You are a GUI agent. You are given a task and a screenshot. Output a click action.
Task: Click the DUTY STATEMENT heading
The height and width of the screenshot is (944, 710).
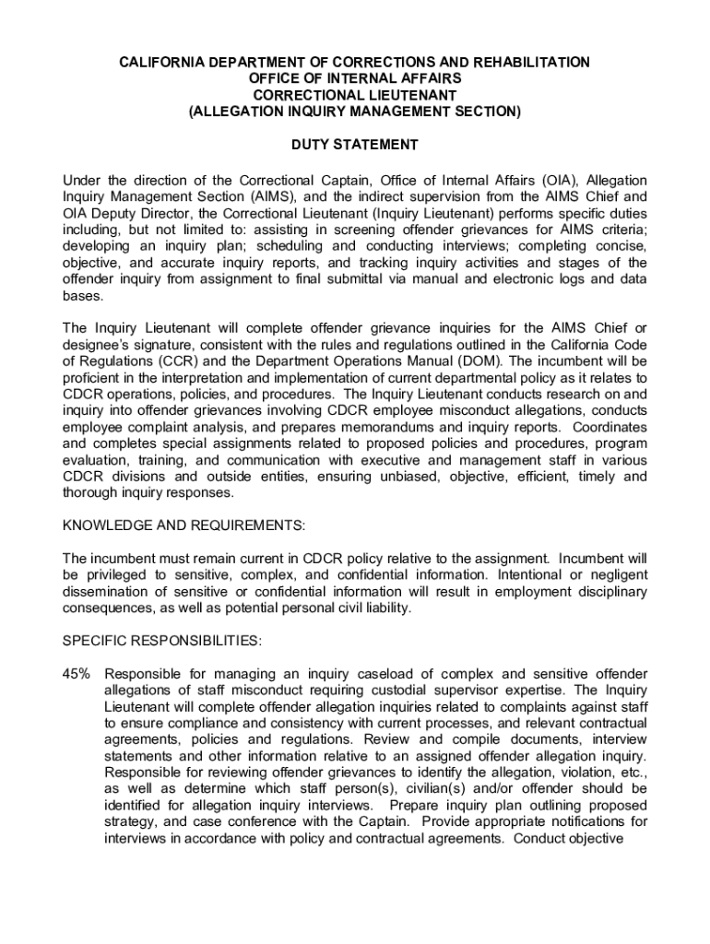click(x=355, y=145)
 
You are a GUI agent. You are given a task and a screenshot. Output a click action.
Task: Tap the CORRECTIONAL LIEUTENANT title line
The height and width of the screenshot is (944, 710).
click(x=355, y=95)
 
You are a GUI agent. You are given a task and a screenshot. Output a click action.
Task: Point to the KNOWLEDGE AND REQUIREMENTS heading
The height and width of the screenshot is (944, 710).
click(x=183, y=525)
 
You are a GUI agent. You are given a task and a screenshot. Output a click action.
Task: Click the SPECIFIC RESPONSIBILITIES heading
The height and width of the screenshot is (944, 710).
click(x=161, y=639)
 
